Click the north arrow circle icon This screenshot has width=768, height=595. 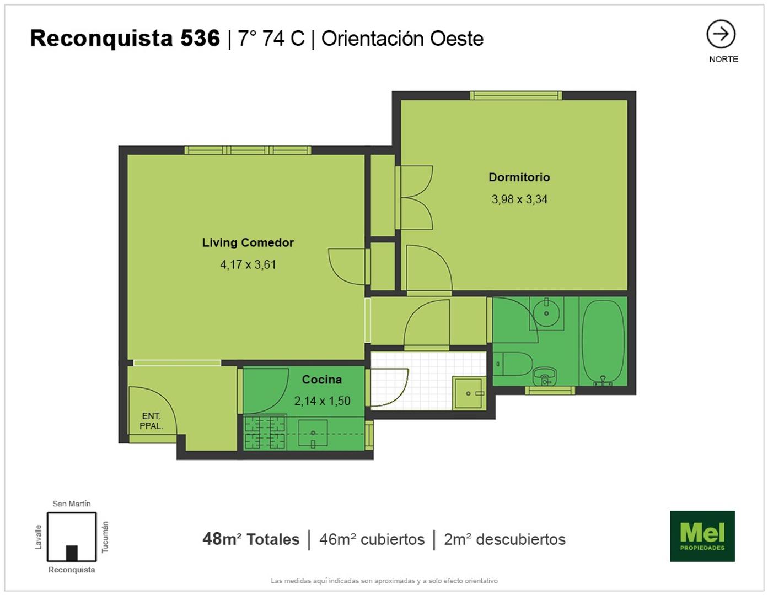coord(721,34)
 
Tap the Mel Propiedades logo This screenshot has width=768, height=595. coord(702,535)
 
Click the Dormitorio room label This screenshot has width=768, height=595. coord(519,177)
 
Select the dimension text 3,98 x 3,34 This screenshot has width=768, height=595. coord(519,199)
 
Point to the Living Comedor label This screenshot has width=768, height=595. coord(248,242)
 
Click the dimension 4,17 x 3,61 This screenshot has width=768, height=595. coord(248,264)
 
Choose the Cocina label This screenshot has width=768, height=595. coord(321,380)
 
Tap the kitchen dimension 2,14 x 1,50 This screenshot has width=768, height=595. coord(322,401)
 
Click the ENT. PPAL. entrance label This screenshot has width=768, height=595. coord(151,421)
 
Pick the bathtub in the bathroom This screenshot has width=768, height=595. coord(603,342)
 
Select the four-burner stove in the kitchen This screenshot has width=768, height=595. coord(265,432)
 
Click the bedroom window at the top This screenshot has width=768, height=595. coord(515,95)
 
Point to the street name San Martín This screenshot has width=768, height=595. coord(71,504)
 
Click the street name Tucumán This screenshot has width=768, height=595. coord(105,537)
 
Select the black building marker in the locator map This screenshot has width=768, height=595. coord(72,553)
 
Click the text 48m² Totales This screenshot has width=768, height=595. coord(251,539)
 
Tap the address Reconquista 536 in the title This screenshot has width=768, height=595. coord(125,38)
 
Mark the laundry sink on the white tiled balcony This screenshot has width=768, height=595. coord(469,393)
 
